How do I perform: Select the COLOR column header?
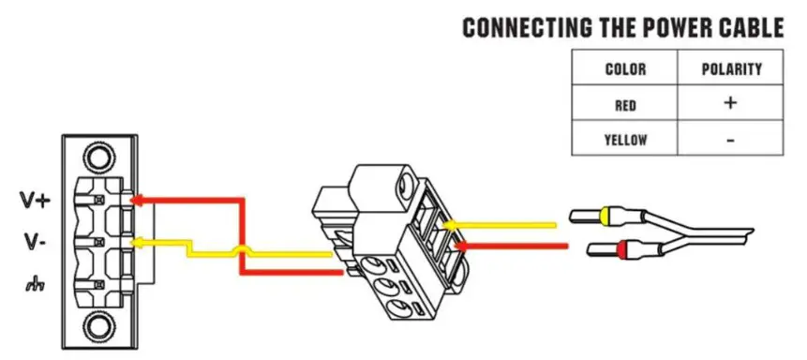click(x=625, y=69)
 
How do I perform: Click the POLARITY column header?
click(x=730, y=69)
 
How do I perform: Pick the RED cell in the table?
click(x=625, y=105)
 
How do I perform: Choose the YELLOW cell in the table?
click(x=625, y=141)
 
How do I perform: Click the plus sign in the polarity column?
click(x=730, y=103)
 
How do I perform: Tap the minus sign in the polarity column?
click(x=730, y=141)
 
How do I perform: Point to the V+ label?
click(x=35, y=200)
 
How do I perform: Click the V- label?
click(x=35, y=242)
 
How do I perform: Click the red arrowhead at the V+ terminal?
click(x=135, y=200)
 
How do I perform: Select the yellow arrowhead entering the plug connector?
click(x=449, y=225)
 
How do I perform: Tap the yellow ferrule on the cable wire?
click(x=613, y=217)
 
